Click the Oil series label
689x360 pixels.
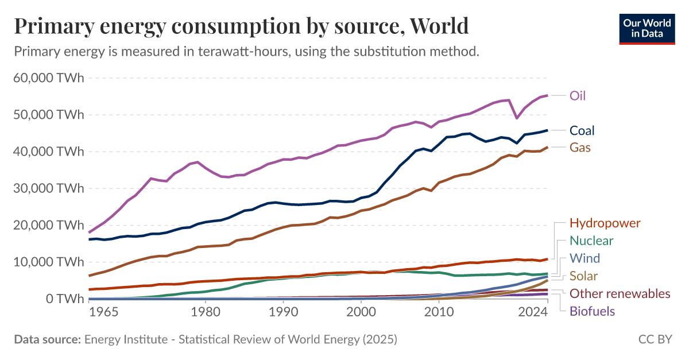(x=577, y=95)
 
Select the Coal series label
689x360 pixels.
(x=582, y=130)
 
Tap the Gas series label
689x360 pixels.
(x=580, y=148)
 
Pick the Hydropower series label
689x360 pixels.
(x=605, y=223)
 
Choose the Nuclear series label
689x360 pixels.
(x=591, y=241)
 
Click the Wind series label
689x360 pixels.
(x=585, y=258)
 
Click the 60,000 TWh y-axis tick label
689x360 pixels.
(x=48, y=78)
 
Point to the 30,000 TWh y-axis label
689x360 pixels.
(x=48, y=188)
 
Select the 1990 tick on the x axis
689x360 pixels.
(x=282, y=312)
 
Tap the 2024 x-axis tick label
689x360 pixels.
(x=532, y=312)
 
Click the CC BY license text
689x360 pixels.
(x=655, y=339)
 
